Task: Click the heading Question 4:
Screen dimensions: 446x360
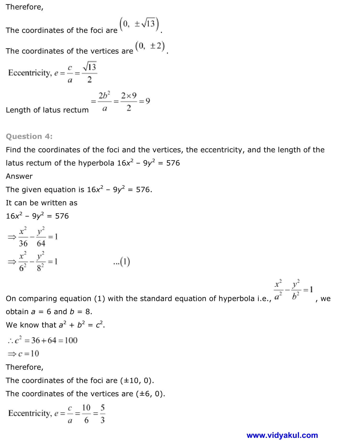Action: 29,136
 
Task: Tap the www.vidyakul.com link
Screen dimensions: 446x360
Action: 282,435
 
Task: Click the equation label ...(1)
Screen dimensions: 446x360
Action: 122,262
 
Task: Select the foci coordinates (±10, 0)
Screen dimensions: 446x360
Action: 137,380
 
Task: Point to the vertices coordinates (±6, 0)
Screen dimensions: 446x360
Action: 150,394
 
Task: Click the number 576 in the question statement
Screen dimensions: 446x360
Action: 173,163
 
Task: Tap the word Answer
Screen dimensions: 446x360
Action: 19,176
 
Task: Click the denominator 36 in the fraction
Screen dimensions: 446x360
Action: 23,244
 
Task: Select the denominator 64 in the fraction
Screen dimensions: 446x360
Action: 41,244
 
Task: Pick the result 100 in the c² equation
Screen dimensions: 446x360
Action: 71,340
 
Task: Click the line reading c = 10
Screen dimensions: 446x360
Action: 24,354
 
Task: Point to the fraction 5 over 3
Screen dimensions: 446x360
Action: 102,414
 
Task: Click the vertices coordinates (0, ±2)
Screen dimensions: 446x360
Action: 150,46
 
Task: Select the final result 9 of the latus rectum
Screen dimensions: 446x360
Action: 148,101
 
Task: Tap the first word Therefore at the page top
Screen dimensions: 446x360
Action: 24,7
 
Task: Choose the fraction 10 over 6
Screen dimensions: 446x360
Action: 86,414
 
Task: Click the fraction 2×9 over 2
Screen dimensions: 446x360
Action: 129,101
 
